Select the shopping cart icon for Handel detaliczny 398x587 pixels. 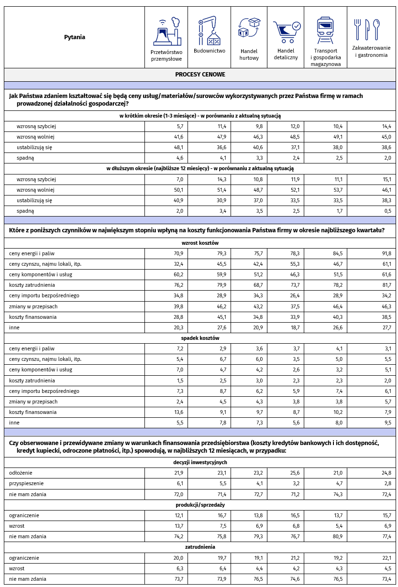pos(286,31)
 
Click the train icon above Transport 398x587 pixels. pos(325,30)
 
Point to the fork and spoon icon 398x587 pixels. pos(366,29)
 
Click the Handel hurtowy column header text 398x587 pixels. pos(249,54)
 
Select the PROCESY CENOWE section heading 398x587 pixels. pos(200,75)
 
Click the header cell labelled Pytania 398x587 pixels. pos(75,37)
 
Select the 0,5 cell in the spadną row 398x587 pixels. pos(387,211)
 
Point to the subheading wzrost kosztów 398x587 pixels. pos(200,243)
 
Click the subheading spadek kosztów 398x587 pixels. pos(200,338)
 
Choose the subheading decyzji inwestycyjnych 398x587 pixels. pos(200,462)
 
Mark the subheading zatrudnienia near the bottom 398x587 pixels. pos(200,547)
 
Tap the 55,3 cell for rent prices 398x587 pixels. pos(293,264)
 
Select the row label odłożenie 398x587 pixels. pos(21,473)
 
